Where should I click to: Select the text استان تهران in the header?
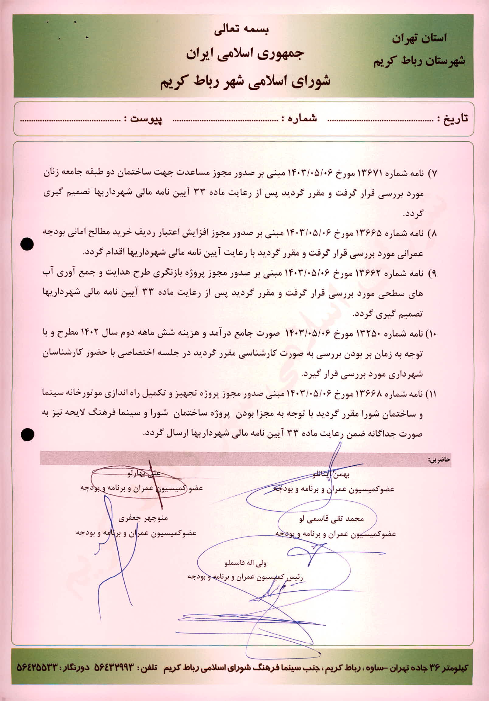pyautogui.click(x=419, y=39)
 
